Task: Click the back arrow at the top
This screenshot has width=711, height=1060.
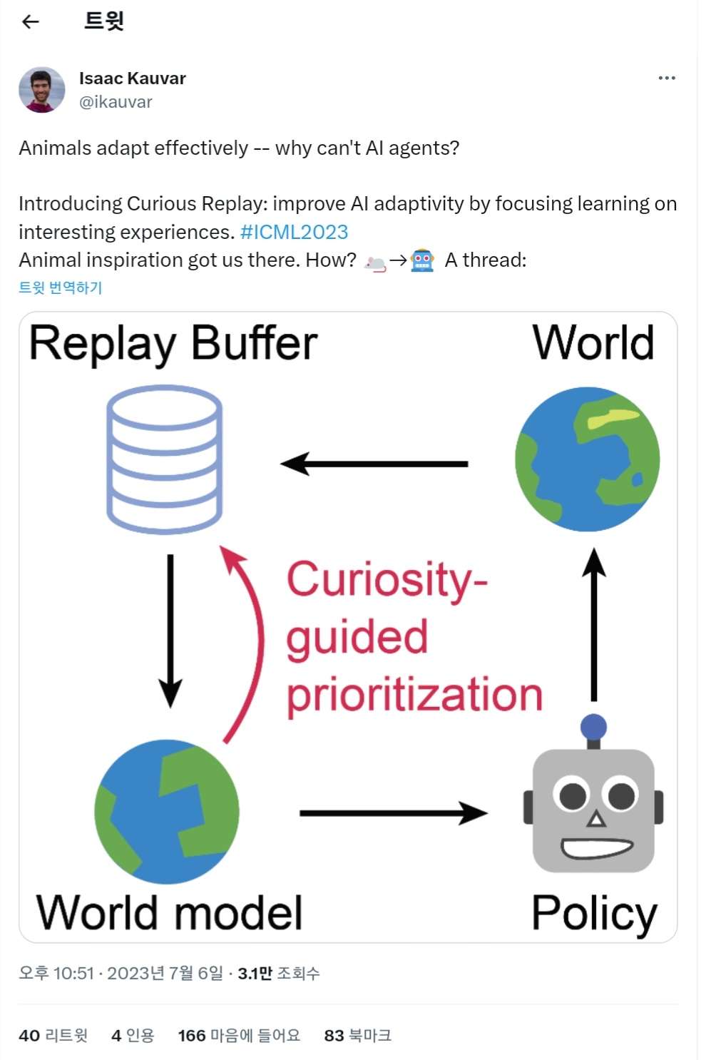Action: click(31, 22)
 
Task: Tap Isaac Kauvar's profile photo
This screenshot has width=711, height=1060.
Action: click(41, 90)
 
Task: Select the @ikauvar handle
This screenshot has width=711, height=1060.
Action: click(116, 102)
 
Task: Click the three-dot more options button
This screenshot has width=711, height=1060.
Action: click(666, 78)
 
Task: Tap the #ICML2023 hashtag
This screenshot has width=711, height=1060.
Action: click(294, 232)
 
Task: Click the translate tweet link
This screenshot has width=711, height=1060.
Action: click(61, 287)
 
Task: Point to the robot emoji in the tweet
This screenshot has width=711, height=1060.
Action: click(422, 260)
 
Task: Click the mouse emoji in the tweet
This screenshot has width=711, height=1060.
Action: click(375, 263)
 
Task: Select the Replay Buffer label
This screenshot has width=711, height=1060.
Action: click(173, 344)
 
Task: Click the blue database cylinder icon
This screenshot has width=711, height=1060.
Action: click(164, 459)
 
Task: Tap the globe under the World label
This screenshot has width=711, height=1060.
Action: click(587, 459)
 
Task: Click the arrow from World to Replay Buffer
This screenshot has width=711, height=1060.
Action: click(374, 464)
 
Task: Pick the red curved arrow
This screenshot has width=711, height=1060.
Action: click(246, 642)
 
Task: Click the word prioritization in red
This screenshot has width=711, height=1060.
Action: click(414, 695)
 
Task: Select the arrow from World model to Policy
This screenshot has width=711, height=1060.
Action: click(393, 812)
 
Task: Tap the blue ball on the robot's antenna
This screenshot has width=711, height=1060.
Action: click(593, 728)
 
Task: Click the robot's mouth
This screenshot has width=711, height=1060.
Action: click(597, 848)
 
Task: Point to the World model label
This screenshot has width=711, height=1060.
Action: click(170, 912)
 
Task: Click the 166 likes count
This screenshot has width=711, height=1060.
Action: click(239, 1035)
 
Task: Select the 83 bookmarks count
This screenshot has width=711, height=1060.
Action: click(357, 1035)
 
